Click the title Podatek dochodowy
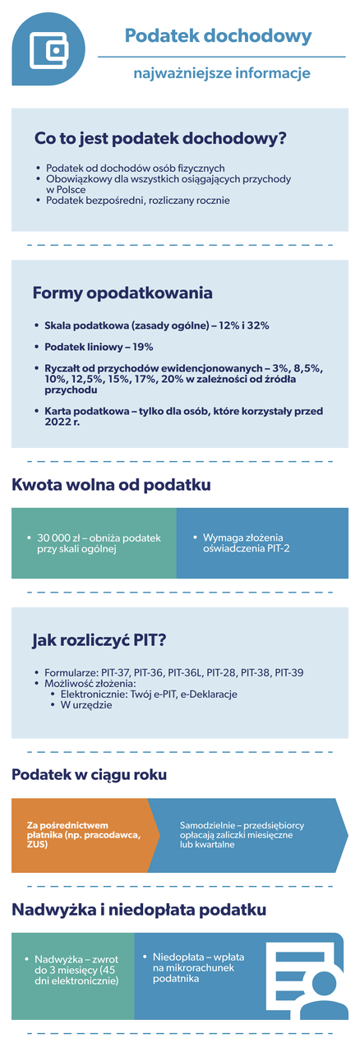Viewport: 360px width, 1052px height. pyautogui.click(x=218, y=36)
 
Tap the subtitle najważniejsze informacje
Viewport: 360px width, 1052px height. pyautogui.click(x=222, y=74)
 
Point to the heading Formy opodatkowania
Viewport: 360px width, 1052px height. pyautogui.click(x=122, y=293)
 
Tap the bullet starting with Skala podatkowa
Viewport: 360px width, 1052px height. pyautogui.click(x=156, y=325)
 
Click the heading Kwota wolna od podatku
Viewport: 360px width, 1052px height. pyautogui.click(x=111, y=485)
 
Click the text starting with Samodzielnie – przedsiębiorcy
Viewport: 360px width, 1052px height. pyautogui.click(x=235, y=834)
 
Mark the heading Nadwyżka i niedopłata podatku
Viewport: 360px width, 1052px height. pyautogui.click(x=138, y=910)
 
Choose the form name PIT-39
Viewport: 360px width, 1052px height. pyautogui.click(x=289, y=672)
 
